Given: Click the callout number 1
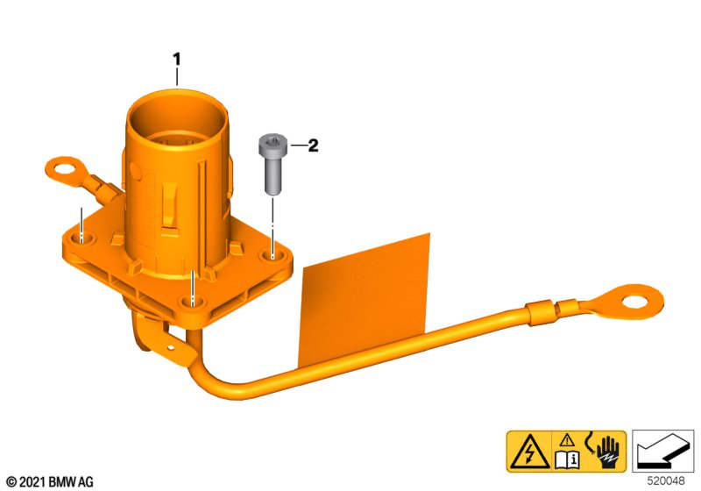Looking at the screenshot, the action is [x=177, y=60].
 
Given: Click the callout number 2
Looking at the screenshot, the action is [x=313, y=146].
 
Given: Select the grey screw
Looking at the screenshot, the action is [x=273, y=164].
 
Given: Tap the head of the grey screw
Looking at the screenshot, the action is [x=273, y=142].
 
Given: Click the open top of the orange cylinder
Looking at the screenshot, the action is [x=177, y=117].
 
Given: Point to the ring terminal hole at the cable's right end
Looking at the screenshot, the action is [x=637, y=302].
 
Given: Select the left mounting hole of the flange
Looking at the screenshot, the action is [x=81, y=238].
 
